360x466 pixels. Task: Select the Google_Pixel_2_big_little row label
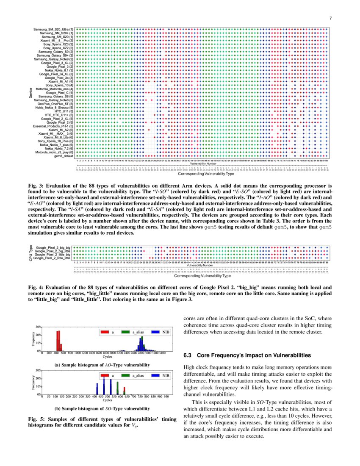click(x=53, y=251)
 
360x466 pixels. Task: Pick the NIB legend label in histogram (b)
click(x=166, y=376)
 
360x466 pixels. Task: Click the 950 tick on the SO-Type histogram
click(x=166, y=397)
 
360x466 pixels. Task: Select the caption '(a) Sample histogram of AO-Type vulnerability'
click(x=102, y=364)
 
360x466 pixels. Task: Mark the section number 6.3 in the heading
click(x=188, y=355)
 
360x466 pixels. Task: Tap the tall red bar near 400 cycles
click(x=58, y=341)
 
